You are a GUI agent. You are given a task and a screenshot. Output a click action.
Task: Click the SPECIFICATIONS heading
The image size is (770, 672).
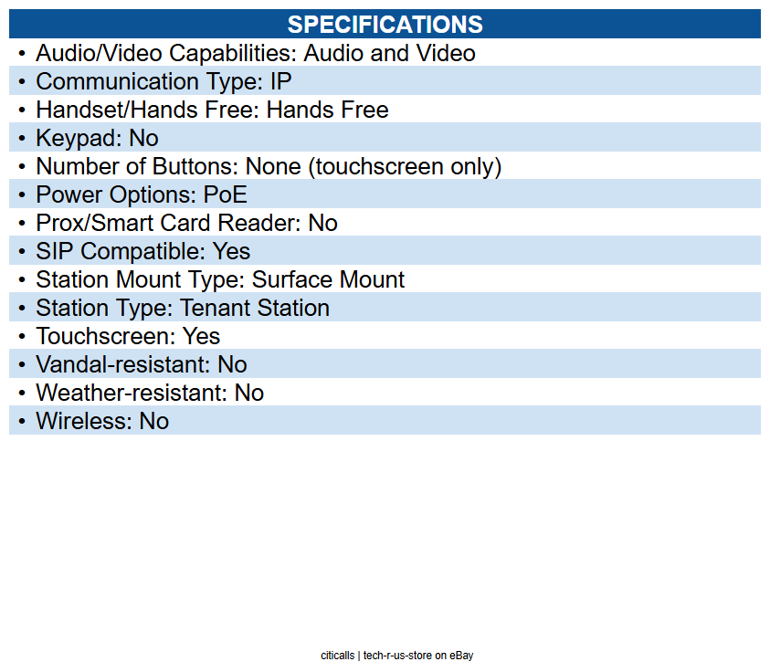[385, 24]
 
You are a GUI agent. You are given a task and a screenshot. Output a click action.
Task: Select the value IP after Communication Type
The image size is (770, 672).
[280, 81]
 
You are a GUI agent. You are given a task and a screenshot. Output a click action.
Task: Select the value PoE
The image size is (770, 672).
[225, 194]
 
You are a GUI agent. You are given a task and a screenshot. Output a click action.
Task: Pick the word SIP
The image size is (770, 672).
[56, 251]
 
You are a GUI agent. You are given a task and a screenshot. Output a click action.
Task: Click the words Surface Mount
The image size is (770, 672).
[328, 279]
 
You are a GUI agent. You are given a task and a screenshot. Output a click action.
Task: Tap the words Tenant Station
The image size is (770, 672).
[254, 308]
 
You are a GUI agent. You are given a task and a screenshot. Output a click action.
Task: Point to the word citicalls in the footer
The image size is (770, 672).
[337, 656]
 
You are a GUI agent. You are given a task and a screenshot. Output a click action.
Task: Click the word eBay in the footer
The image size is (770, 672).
[461, 656]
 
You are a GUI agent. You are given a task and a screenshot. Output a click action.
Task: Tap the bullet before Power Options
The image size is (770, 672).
[22, 194]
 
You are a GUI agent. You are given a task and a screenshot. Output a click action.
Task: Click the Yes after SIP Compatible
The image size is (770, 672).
[231, 251]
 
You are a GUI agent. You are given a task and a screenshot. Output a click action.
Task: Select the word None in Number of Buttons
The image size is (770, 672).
[272, 166]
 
